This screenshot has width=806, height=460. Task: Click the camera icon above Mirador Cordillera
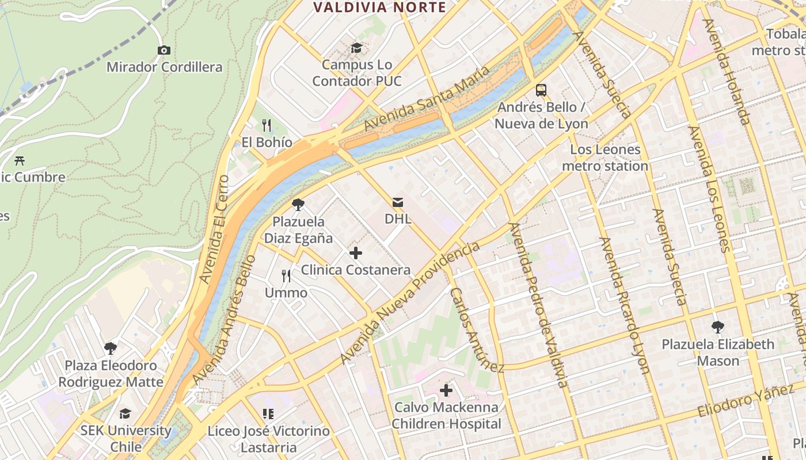click(164, 51)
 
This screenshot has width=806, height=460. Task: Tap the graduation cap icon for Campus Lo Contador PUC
click(357, 48)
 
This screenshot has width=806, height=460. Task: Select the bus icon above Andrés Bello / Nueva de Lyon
click(541, 90)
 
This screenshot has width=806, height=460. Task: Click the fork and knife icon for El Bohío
click(266, 125)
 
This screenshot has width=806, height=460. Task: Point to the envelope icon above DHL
click(398, 202)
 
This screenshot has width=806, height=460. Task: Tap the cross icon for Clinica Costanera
click(356, 253)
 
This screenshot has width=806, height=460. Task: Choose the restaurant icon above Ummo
click(286, 276)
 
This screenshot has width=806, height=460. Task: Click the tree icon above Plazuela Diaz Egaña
click(298, 205)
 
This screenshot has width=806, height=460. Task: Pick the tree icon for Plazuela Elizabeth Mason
click(718, 327)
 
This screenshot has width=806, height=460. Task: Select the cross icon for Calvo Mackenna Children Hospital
click(446, 391)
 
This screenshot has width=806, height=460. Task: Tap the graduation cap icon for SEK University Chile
click(126, 414)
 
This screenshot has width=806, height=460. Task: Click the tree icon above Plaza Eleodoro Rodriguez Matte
click(110, 348)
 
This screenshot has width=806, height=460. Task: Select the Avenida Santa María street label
click(427, 98)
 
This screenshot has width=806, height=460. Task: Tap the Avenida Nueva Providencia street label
click(409, 302)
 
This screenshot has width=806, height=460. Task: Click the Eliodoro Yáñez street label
click(746, 401)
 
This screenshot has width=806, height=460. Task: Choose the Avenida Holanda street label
click(727, 72)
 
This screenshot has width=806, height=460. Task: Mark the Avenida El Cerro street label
click(214, 229)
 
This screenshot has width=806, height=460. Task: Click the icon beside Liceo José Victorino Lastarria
click(268, 414)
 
